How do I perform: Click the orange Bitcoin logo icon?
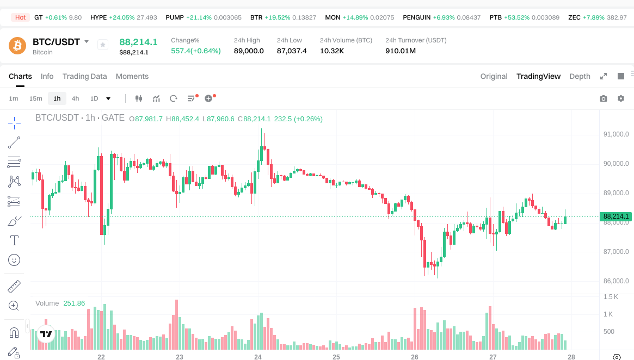(x=17, y=45)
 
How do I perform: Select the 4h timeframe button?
(x=75, y=98)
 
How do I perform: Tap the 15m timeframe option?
(x=35, y=98)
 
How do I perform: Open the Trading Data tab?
(x=84, y=76)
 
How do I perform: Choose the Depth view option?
(x=580, y=76)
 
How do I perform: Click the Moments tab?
(x=132, y=76)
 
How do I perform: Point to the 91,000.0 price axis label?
(x=616, y=134)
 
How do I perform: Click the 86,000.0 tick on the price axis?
(x=616, y=281)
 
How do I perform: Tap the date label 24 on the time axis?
(x=258, y=357)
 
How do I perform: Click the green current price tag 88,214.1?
(x=616, y=216)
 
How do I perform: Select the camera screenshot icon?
(x=603, y=98)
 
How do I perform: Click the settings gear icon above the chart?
(x=620, y=98)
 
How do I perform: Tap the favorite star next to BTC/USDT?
(x=103, y=45)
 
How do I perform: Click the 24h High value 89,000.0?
(x=249, y=51)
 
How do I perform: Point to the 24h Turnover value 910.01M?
(x=401, y=51)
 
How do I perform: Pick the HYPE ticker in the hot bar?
(x=99, y=17)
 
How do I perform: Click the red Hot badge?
(x=20, y=17)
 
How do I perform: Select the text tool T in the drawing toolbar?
(x=14, y=240)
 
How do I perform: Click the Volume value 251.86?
(x=74, y=303)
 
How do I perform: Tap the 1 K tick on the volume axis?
(x=608, y=314)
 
